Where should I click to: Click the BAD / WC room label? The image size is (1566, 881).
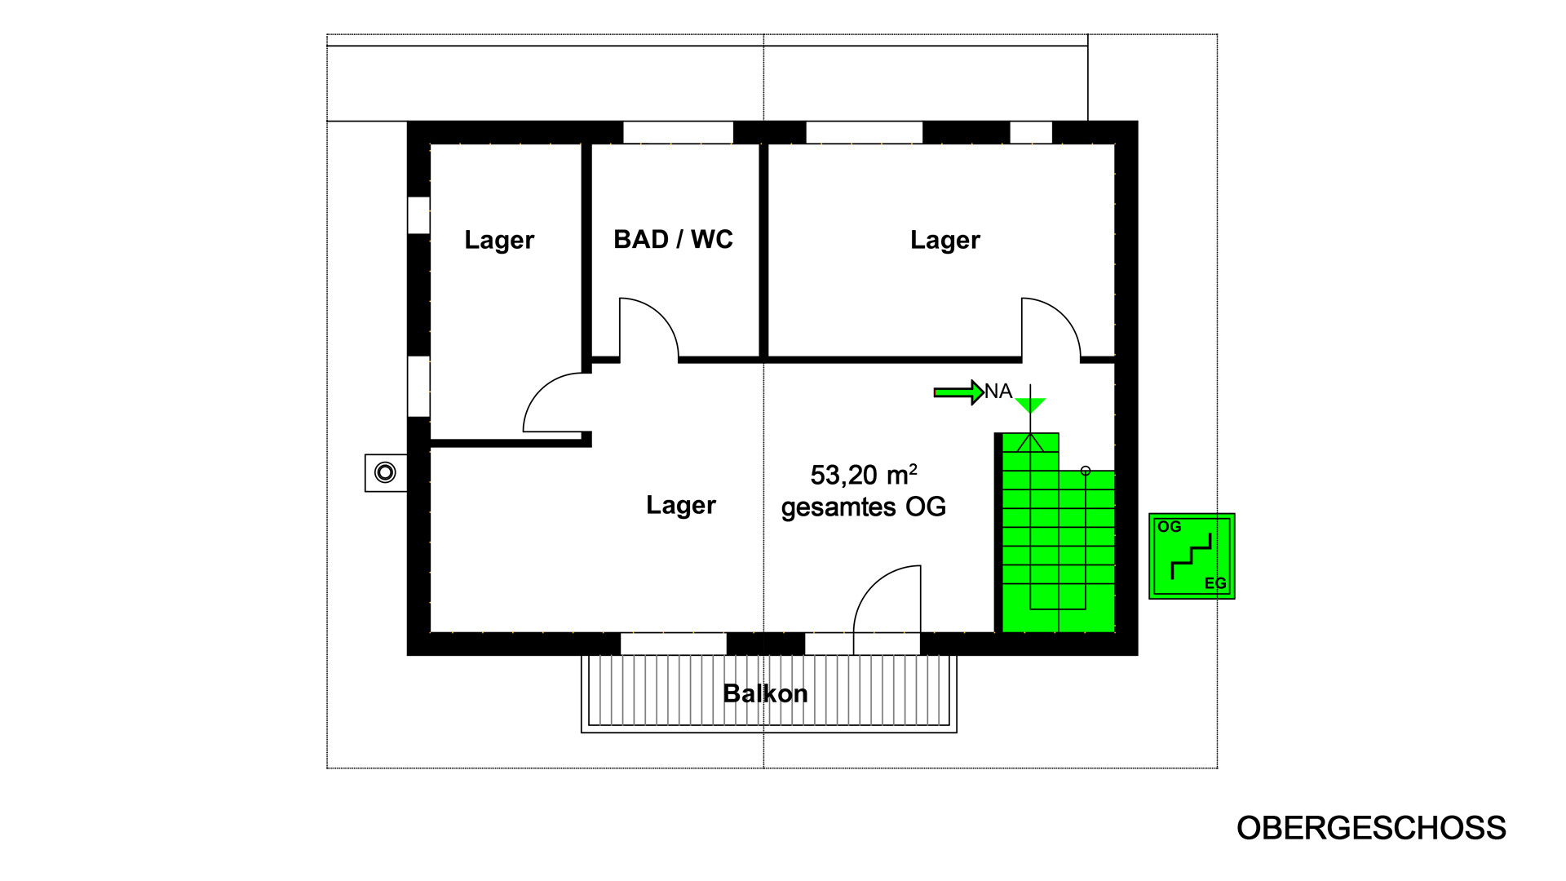pos(673,240)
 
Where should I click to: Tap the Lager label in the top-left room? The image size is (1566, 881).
pos(499,241)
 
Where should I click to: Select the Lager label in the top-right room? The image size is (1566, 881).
pos(945,241)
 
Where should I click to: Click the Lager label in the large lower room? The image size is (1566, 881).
pos(681,506)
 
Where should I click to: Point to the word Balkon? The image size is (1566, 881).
pos(765,693)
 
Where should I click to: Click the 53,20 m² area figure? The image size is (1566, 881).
pos(864,474)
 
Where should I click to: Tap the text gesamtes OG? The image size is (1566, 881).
pos(864,507)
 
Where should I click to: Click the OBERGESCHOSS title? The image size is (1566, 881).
pos(1371,828)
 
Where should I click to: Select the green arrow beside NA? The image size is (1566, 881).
pos(958,392)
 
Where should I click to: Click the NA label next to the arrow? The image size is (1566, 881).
pos(998,392)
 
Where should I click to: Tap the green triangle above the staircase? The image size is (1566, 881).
pos(1030,405)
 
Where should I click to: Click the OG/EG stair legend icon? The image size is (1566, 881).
pos(1192,556)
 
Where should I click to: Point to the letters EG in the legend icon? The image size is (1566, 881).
pos(1215,583)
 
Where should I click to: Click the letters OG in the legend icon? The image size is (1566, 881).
pos(1169,527)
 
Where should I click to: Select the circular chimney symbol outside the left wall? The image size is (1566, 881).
pos(385,472)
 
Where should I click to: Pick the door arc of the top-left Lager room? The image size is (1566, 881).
pos(541,390)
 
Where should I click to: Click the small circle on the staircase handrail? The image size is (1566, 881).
pos(1086,471)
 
